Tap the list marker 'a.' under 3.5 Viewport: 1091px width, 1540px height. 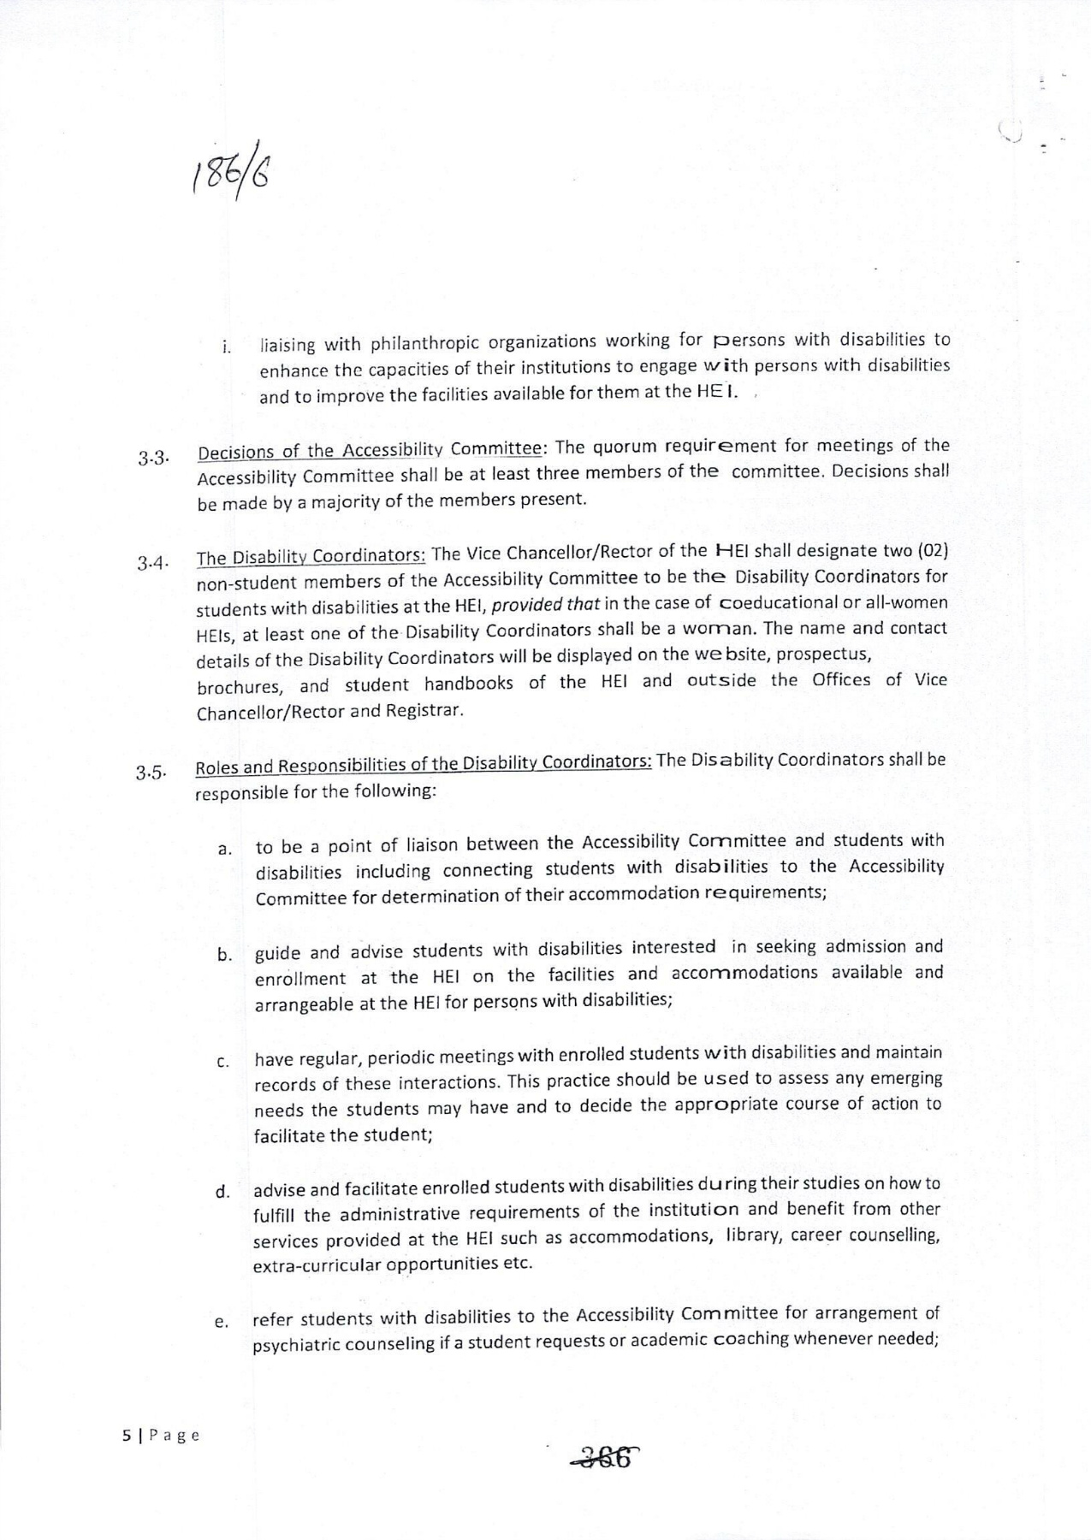[224, 850]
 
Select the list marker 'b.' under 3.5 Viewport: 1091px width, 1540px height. [224, 956]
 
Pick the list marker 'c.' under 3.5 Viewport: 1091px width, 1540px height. [222, 1063]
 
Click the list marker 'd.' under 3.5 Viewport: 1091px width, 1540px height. [222, 1192]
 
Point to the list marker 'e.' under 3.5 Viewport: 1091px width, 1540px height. [222, 1323]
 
